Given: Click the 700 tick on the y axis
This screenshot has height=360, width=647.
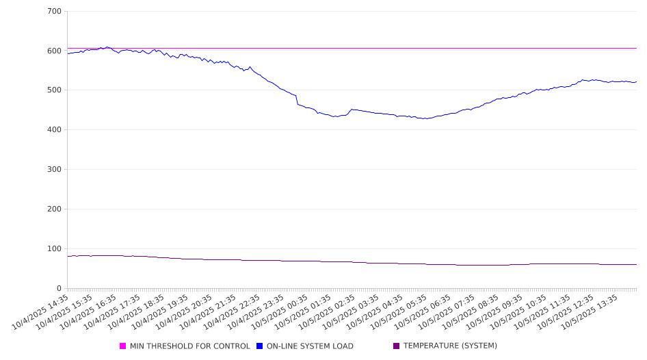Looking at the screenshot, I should [54, 12].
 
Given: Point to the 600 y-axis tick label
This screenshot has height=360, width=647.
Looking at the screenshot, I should [54, 51].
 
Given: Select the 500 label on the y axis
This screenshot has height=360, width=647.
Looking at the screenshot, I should [54, 90].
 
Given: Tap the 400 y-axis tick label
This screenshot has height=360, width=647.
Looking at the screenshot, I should [54, 130].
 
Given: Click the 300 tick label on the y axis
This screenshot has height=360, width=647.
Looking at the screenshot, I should [54, 170].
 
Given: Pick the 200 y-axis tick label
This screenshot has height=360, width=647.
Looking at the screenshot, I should [54, 209].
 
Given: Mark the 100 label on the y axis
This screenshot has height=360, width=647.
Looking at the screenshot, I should [54, 249].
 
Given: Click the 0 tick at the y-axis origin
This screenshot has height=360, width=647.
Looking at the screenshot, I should [60, 288].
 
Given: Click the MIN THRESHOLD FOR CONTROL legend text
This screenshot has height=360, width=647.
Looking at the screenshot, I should [189, 346].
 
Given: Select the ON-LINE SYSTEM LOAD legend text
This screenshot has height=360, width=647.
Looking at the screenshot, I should [310, 346].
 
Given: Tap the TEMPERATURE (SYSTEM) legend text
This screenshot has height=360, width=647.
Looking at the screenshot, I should [450, 346].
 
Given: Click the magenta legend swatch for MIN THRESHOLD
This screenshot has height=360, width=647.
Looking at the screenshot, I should [123, 346].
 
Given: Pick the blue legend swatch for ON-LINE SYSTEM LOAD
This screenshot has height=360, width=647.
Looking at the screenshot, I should [260, 346].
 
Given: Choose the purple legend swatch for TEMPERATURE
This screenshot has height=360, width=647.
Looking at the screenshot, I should [397, 346].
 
